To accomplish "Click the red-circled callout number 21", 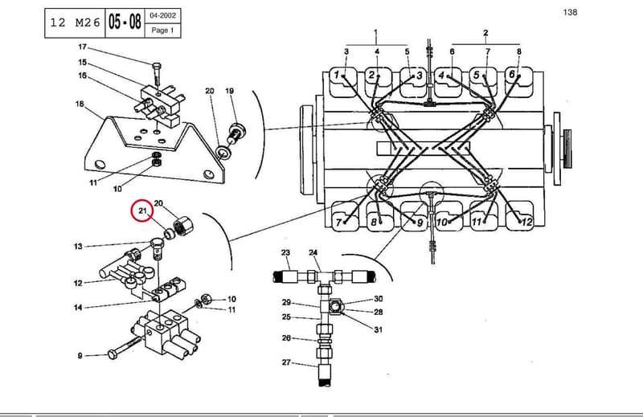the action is click(x=142, y=211).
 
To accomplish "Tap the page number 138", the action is click(x=570, y=12).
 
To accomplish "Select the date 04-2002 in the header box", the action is click(x=163, y=15).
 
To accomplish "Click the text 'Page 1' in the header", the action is click(x=163, y=31).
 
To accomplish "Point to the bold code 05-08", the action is click(x=125, y=22).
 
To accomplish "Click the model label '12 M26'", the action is click(x=75, y=22).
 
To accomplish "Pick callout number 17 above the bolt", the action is click(x=83, y=47).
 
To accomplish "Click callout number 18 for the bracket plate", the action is click(x=80, y=104).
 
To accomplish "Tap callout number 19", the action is click(x=229, y=91).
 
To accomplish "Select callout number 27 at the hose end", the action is click(x=286, y=362).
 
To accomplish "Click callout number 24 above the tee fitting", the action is click(x=313, y=252).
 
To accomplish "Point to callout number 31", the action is click(x=378, y=329).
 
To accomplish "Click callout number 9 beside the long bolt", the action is click(x=80, y=356).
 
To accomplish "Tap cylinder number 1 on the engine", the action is click(x=337, y=75).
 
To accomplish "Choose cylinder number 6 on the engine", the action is click(x=511, y=74).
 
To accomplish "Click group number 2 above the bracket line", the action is click(x=485, y=33).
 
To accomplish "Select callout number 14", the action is click(x=78, y=307).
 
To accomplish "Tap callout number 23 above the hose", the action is click(x=286, y=252).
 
